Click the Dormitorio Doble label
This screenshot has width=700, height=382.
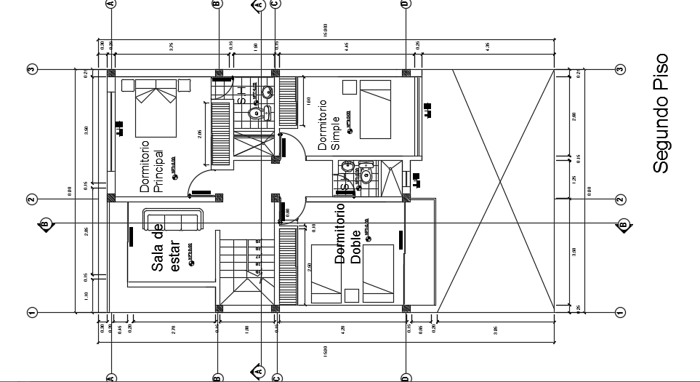click(x=347, y=237)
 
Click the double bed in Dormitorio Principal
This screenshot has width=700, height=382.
click(x=156, y=108)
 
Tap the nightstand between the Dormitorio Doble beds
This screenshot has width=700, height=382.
click(x=352, y=295)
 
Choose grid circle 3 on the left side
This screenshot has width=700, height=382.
click(x=32, y=70)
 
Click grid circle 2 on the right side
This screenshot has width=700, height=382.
click(x=620, y=199)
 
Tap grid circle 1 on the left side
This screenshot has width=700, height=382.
click(x=32, y=313)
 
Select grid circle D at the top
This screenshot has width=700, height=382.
click(x=404, y=4)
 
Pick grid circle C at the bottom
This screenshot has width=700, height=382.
click(x=275, y=377)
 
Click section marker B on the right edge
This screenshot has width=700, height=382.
click(x=622, y=224)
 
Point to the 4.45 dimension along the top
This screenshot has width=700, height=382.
click(x=347, y=46)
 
